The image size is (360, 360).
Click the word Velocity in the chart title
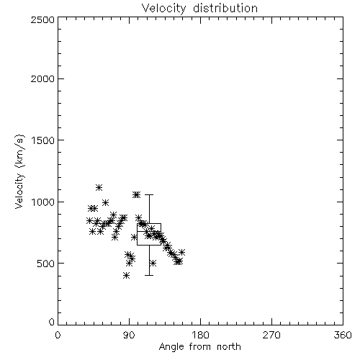(164, 9)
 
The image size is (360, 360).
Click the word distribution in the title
(225, 8)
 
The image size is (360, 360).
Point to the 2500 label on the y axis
(42, 19)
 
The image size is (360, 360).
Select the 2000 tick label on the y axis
(42, 78)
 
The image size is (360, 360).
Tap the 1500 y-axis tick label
(43, 140)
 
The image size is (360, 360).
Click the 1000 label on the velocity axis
(43, 202)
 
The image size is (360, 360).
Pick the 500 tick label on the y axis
(46, 264)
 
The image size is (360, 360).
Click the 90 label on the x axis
(129, 335)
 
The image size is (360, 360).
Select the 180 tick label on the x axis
(200, 335)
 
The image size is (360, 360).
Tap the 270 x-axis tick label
(271, 335)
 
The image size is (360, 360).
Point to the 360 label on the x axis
(343, 335)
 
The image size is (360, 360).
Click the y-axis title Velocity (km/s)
(19, 171)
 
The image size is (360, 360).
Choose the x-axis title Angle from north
(200, 347)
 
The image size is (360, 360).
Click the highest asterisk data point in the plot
(99, 188)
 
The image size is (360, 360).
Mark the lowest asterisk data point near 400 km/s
(127, 276)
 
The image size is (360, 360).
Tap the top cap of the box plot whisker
(149, 195)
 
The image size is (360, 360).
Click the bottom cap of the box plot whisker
(149, 275)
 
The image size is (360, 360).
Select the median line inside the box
(149, 231)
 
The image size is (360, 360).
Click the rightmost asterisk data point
(182, 252)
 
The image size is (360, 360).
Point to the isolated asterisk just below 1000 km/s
(105, 203)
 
